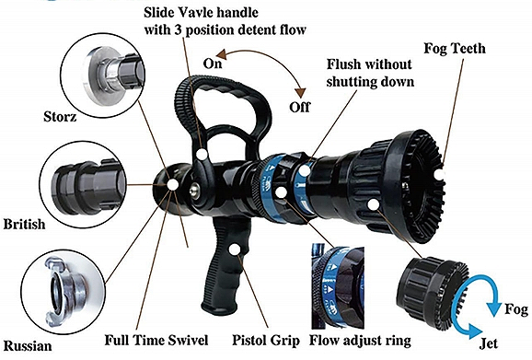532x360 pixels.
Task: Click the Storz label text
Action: coord(60,117)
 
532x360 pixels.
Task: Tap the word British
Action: coord(24,225)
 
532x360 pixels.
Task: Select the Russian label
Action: coord(28,346)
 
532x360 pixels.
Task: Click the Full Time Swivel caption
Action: coord(156,340)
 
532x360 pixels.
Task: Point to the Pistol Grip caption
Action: coord(266,341)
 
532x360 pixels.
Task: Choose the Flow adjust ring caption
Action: coord(360,341)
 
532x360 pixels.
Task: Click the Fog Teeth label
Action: coord(455,49)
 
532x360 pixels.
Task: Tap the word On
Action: coord(213,64)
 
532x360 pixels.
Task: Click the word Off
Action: coord(299,107)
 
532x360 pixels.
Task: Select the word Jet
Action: coord(489,343)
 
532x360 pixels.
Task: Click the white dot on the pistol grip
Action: coord(234,250)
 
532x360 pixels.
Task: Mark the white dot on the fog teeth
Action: coord(439,175)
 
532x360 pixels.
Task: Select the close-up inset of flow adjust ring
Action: coord(338,287)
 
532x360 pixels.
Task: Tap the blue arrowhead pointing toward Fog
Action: coord(494,308)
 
